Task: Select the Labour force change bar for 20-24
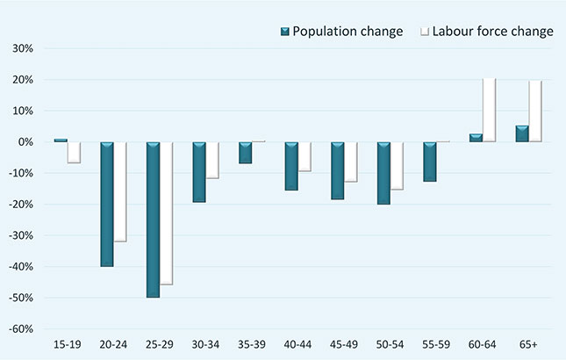[120, 191]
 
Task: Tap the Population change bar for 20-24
[106, 204]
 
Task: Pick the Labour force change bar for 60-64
[489, 111]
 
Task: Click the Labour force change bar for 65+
[534, 112]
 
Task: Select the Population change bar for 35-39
[245, 153]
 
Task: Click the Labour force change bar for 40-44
[304, 156]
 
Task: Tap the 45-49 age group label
[344, 342]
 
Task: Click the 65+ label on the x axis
[527, 342]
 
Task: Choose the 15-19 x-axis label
[68, 342]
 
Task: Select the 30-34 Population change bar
[198, 172]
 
